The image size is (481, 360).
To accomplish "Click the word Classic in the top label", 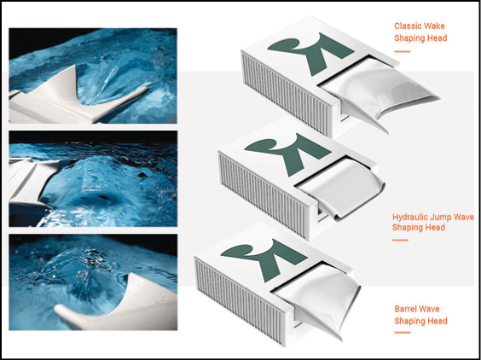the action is click(406, 26).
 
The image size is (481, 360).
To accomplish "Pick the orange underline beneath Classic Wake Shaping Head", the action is click(402, 51).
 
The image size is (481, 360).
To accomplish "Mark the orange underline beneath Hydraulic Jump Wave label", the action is click(400, 240).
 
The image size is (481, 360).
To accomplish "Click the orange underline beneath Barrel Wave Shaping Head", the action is click(403, 333).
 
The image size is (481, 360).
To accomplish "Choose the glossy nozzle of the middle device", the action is click(340, 187).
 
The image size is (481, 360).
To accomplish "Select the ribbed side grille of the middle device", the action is click(263, 195).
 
